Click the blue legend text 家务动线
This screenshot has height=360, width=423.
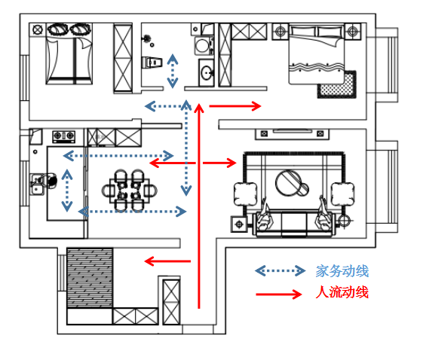[342, 271]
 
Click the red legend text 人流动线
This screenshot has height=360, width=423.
[342, 292]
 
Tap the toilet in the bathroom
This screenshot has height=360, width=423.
[152, 63]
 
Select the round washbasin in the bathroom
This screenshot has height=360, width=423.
[207, 73]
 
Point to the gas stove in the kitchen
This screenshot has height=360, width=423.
[63, 136]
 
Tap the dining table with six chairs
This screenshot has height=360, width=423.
[130, 191]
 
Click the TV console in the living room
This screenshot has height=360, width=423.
[292, 134]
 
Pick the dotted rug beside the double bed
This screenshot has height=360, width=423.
[337, 84]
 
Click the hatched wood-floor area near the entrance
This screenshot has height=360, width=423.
[90, 278]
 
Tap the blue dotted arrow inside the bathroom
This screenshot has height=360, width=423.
[173, 71]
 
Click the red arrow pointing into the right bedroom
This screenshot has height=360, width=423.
[235, 106]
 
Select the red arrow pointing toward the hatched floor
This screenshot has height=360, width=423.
[167, 261]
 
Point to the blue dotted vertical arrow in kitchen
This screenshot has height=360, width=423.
[67, 191]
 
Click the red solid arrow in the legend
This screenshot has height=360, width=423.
[279, 294]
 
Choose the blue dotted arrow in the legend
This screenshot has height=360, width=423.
[280, 271]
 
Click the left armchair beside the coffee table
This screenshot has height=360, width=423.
[245, 194]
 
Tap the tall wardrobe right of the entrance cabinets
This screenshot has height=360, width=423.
[171, 302]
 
